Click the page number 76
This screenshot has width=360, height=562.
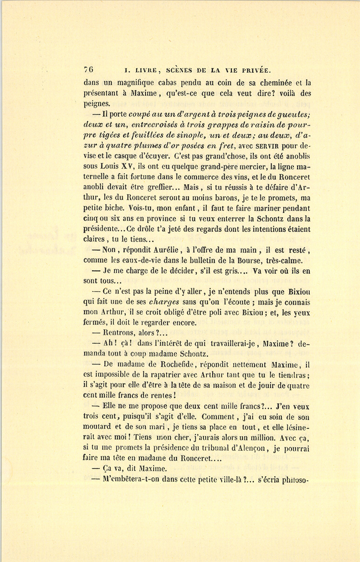[x=88, y=69]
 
